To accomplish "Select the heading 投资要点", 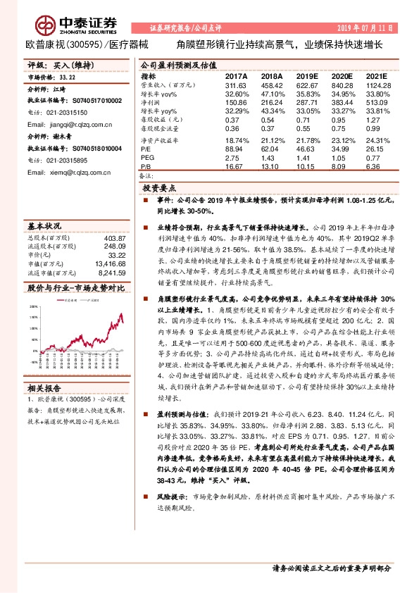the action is click(x=161, y=189).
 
